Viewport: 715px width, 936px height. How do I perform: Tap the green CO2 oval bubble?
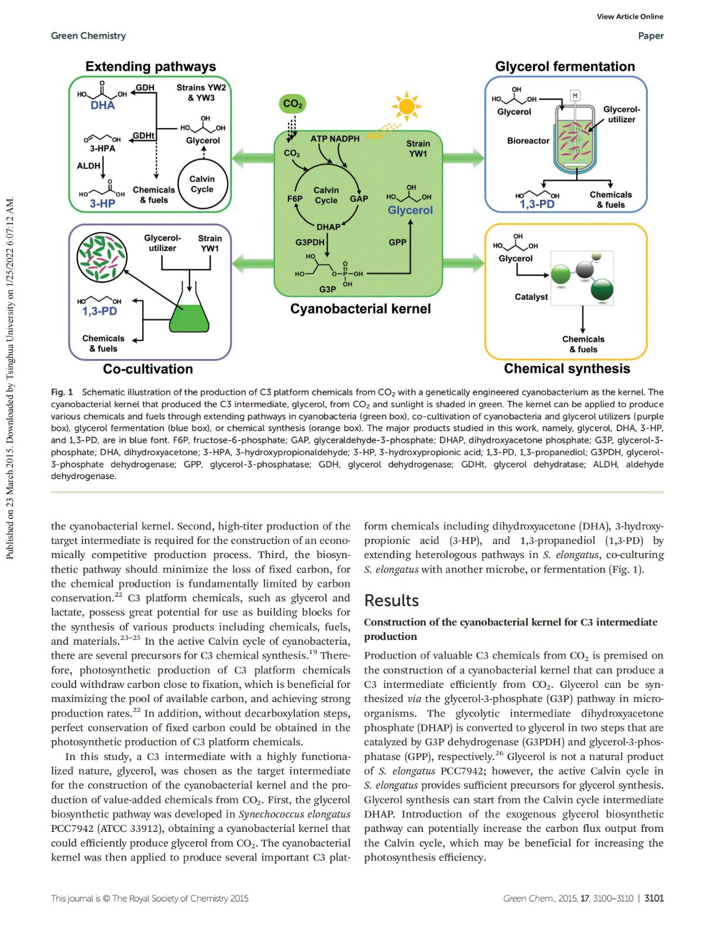(x=293, y=104)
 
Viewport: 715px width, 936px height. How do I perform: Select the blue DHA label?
(x=103, y=105)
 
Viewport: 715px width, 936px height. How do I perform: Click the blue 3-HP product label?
(x=102, y=204)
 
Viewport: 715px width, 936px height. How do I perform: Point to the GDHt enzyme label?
(x=143, y=136)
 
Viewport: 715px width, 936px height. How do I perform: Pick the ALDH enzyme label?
(x=89, y=166)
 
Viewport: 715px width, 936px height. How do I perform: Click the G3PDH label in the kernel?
(x=310, y=242)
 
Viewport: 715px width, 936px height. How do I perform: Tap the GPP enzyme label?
(x=397, y=242)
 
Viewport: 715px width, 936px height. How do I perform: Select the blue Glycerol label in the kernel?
(x=410, y=210)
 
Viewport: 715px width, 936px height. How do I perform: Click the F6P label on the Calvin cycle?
(x=295, y=199)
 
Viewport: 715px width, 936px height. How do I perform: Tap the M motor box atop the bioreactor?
(x=575, y=95)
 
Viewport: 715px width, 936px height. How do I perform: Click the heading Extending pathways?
(x=150, y=67)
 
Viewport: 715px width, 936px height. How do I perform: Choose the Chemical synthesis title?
(x=566, y=369)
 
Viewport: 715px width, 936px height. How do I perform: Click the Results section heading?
(x=391, y=600)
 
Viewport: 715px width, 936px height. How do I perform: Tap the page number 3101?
(x=654, y=898)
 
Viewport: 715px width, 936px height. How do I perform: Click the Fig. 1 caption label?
(x=62, y=392)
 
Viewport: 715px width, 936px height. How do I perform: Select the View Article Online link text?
(x=630, y=16)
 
